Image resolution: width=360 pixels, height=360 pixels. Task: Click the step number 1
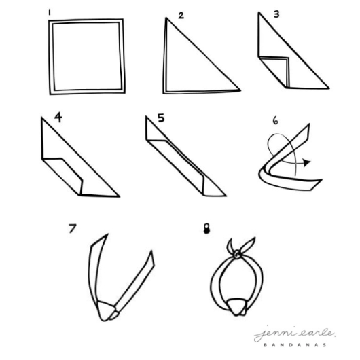coord(49,12)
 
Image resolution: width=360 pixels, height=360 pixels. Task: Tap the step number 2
coord(181,16)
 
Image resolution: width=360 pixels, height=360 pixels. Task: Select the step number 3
coord(276,14)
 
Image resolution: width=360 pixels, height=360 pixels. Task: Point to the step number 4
coord(58,117)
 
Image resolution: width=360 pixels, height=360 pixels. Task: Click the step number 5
coord(161,118)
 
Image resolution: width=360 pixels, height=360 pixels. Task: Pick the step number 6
coord(275,120)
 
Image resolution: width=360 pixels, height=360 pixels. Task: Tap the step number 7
coord(72,228)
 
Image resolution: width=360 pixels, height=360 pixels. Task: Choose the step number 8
coord(206,229)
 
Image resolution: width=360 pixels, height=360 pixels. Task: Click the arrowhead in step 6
coord(306,162)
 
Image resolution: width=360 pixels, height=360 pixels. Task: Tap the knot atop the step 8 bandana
coord(236,255)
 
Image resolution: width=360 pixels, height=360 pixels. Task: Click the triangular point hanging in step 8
coord(236,307)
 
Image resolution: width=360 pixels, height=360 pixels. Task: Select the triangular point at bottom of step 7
coord(106,311)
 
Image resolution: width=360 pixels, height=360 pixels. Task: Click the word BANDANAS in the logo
coord(295,345)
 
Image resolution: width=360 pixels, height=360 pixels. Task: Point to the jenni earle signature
coord(295,333)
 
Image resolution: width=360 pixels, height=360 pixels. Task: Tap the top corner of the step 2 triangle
coord(166,18)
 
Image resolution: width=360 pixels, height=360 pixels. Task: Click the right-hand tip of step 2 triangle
coord(240,90)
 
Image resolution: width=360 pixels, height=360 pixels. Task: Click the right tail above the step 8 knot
coord(248,245)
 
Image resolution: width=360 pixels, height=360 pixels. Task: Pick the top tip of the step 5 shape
coord(146,117)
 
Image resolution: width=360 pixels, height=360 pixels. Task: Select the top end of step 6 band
coord(309,125)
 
